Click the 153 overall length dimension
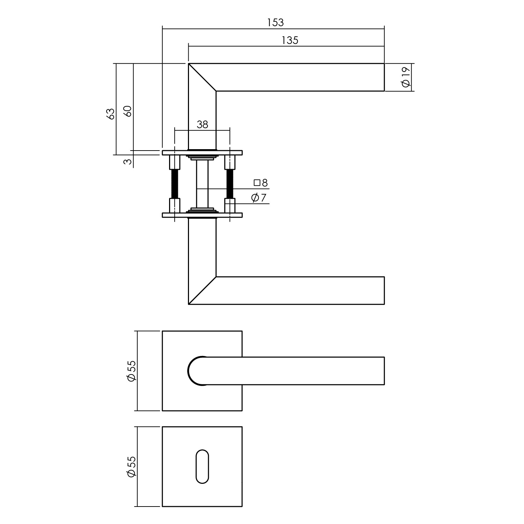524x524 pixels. point(275,23)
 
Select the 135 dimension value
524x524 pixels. point(290,41)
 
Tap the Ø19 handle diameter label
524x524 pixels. point(406,77)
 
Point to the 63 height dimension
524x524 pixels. point(110,114)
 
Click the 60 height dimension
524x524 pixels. point(128,111)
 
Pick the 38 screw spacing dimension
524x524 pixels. point(202,124)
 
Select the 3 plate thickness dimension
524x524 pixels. point(128,161)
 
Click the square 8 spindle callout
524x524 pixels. point(261,183)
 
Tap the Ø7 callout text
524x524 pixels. point(259,198)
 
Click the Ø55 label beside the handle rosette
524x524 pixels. point(131,371)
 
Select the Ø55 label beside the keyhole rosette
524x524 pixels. point(131,466)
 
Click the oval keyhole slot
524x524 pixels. point(202,466)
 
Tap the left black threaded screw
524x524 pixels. point(175,183)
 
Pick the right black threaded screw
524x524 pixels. point(230,183)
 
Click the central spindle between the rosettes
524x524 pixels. point(202,183)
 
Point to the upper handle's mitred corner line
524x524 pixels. point(202,77)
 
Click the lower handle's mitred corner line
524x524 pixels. point(202,291)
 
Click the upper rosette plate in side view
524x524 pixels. point(202,153)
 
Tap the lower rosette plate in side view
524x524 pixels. point(202,215)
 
